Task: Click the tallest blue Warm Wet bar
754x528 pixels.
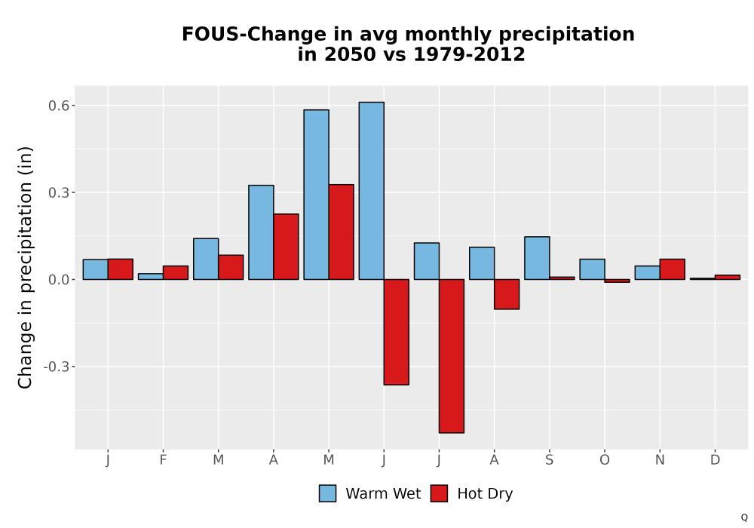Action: (371, 191)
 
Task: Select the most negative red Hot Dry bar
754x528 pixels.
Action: (452, 356)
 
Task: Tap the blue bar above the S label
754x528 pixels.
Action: (537, 258)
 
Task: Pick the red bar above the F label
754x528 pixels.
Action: (176, 272)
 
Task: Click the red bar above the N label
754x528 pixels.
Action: (673, 269)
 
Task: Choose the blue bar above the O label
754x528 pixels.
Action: (592, 269)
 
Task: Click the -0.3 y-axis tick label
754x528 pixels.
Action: (57, 367)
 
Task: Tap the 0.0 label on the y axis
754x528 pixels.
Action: (59, 280)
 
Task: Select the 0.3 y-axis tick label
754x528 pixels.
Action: (59, 193)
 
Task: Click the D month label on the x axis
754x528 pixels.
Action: (715, 460)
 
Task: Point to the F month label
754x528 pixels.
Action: (163, 460)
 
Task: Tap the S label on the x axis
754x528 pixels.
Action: (549, 460)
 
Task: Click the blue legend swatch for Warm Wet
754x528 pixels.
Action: (327, 493)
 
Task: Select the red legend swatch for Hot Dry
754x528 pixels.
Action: (439, 493)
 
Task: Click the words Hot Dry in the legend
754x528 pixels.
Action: (485, 494)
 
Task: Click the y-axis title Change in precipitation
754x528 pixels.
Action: (25, 267)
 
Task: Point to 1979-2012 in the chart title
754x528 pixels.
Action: (469, 54)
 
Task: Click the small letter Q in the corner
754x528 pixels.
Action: (744, 517)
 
